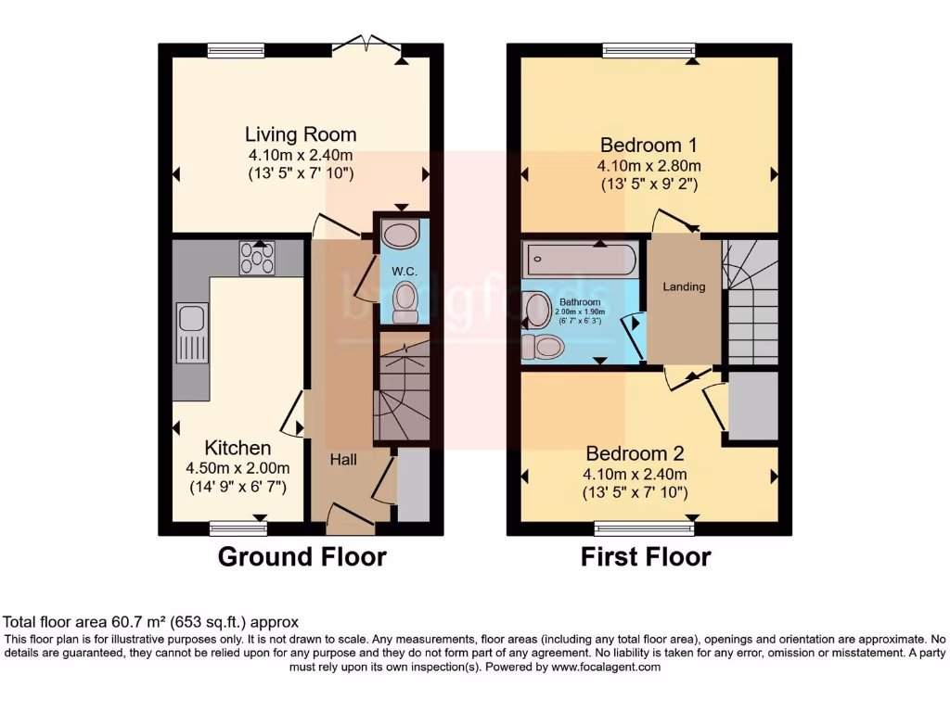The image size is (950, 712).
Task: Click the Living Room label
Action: click(301, 134)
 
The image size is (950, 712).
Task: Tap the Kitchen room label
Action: click(237, 448)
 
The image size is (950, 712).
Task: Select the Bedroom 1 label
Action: click(648, 146)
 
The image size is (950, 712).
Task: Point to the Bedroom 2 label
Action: click(635, 453)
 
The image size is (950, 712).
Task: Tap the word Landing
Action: click(684, 286)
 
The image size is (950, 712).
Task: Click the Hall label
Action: click(343, 459)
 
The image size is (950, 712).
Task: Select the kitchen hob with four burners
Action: click(258, 258)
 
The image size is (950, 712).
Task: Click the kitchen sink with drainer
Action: click(193, 334)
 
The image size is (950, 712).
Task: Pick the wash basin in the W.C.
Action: click(401, 234)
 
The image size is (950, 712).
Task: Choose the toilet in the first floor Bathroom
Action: click(543, 347)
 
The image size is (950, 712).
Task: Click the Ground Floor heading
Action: click(302, 557)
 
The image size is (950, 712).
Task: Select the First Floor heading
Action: click(646, 557)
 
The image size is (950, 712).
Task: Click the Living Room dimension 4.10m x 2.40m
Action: click(301, 155)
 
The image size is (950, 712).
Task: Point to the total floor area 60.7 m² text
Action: click(151, 622)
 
